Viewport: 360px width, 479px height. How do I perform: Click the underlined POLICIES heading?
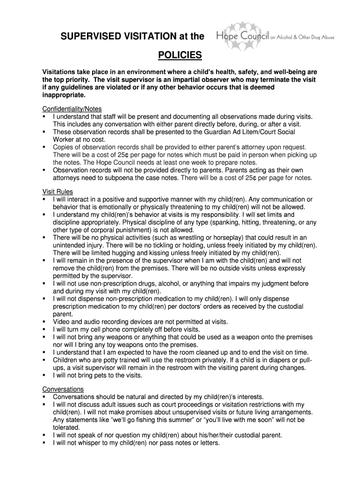(180, 56)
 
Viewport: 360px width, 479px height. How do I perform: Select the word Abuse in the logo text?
(326, 37)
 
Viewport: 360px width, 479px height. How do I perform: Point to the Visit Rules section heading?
(58, 192)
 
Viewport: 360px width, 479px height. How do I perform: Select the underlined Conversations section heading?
(63, 389)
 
